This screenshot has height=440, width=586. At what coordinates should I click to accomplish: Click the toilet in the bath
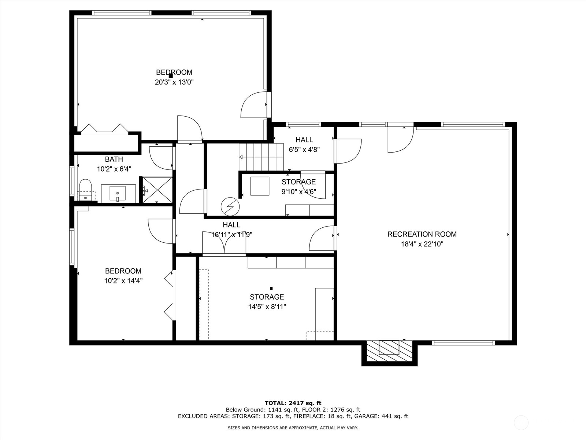click(x=85, y=190)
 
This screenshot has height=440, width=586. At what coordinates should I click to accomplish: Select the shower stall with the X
click(x=157, y=190)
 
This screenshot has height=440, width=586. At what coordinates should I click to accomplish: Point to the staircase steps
click(x=261, y=157)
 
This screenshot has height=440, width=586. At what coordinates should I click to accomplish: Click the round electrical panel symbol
click(x=230, y=206)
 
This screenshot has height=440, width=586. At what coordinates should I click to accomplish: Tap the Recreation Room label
click(x=422, y=234)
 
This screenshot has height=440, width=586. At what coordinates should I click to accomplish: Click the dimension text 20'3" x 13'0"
click(x=174, y=82)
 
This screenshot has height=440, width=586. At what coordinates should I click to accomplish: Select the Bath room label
click(x=114, y=159)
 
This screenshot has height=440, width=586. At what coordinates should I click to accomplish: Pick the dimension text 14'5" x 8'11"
click(x=267, y=307)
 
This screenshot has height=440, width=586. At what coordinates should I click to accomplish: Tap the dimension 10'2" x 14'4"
click(x=123, y=281)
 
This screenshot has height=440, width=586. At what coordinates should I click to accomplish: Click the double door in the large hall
click(x=224, y=242)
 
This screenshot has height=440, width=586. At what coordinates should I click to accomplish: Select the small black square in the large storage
click(x=271, y=288)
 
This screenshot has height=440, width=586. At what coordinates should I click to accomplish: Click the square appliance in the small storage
click(x=260, y=186)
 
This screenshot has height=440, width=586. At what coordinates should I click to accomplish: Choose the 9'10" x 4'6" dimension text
click(x=299, y=191)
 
